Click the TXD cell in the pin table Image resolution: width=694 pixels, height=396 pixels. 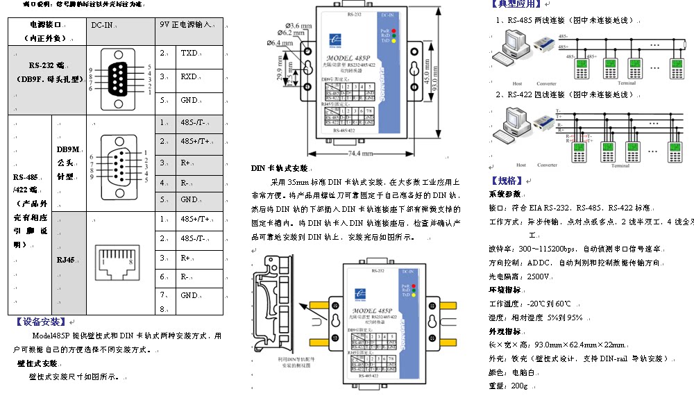point(189,53)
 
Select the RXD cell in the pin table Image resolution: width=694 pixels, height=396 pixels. point(189,76)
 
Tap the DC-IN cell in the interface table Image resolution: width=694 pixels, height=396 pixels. point(102,24)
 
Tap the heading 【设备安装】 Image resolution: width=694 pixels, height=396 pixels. point(40,322)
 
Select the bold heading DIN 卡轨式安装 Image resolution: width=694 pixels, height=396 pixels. point(279,168)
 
